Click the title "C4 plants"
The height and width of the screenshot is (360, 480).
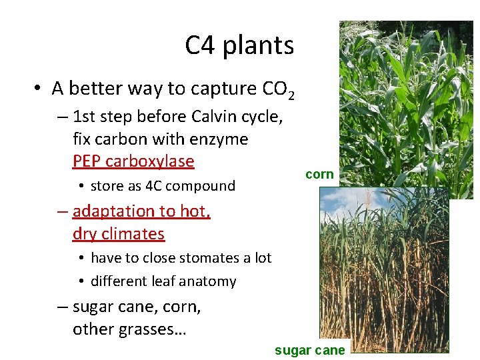coord(239,45)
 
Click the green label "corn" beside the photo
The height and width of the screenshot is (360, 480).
coord(319,174)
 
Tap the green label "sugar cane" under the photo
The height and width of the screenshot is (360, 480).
coord(310,350)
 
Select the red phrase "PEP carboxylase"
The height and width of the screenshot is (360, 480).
coord(133,161)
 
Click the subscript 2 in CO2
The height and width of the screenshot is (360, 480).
coord(291,94)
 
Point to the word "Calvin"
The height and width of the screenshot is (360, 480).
coord(216,117)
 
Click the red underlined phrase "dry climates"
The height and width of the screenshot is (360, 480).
coord(119,234)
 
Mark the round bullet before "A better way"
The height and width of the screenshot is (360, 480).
coord(39,89)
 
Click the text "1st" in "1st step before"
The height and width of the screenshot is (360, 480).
coord(84,117)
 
